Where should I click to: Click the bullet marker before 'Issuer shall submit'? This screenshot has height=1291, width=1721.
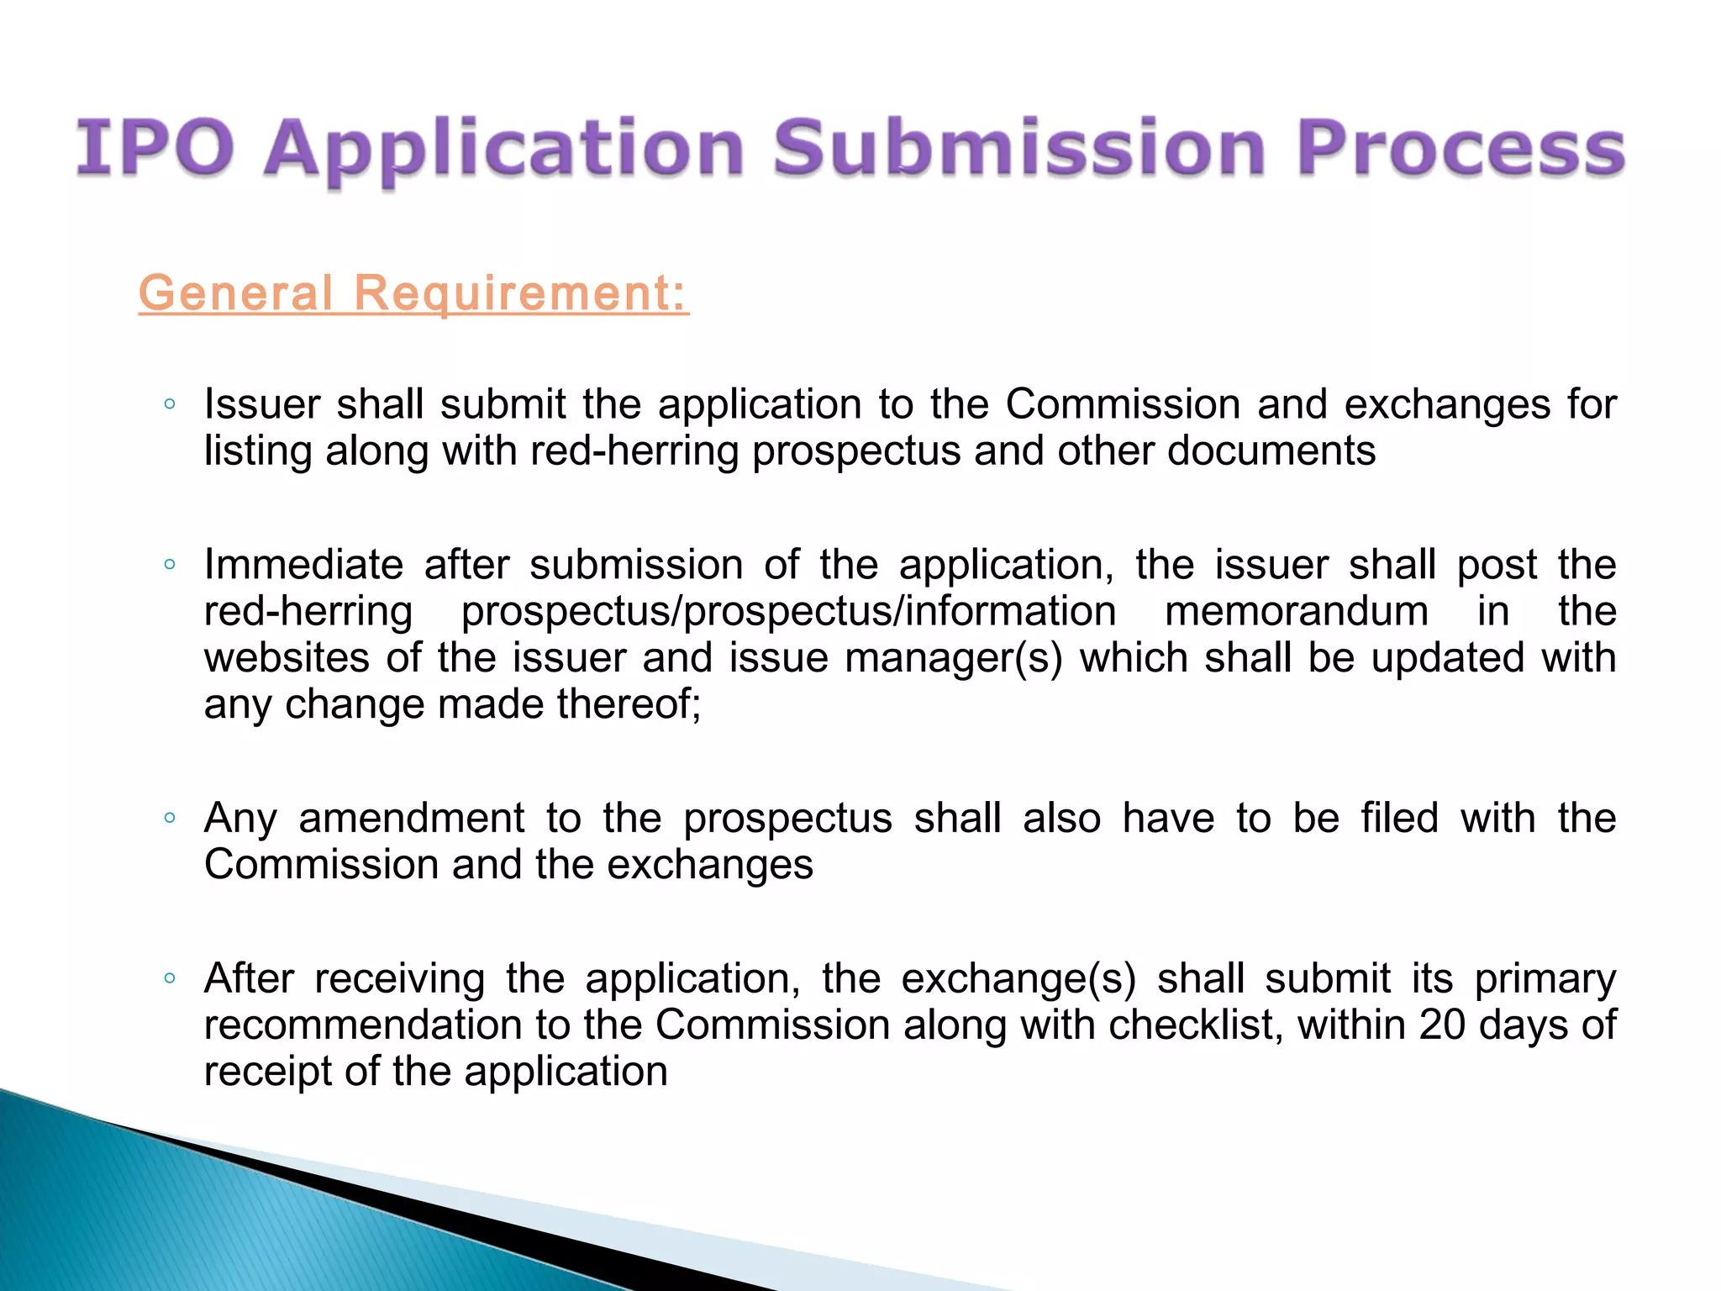coord(170,404)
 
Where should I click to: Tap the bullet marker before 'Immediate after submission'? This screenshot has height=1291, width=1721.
coord(170,565)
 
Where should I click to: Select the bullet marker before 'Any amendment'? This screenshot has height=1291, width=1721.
coord(170,818)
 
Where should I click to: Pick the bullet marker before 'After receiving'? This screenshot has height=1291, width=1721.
coord(170,978)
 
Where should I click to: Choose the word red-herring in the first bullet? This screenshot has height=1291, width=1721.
coord(634,451)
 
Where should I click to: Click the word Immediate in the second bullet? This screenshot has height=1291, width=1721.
coord(303,565)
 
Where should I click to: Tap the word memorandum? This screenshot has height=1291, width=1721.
coord(1297,611)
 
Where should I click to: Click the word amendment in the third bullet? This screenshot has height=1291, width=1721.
coord(412,818)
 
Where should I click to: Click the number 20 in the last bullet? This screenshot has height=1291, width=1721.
coord(1442,1025)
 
